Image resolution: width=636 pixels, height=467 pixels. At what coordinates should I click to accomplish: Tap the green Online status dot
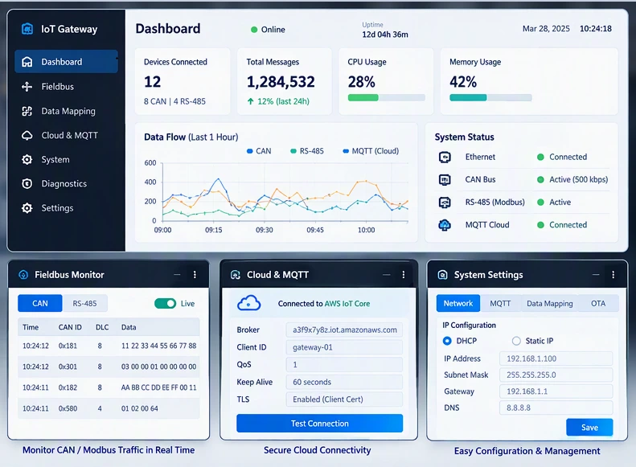(x=254, y=30)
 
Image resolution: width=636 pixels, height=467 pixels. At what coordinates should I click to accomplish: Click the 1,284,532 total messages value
(x=281, y=82)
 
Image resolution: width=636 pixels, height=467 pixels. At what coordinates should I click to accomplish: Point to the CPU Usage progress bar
(x=387, y=98)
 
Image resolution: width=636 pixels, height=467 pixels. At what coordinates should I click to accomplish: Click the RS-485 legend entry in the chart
(x=307, y=151)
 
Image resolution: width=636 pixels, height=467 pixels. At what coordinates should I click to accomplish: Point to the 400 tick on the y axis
(x=150, y=182)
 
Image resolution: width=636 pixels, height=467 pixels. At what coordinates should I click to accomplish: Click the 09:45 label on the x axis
(x=315, y=230)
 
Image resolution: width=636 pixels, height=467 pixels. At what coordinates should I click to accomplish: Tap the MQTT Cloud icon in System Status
(x=445, y=224)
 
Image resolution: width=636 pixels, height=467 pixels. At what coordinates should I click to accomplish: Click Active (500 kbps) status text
(x=578, y=179)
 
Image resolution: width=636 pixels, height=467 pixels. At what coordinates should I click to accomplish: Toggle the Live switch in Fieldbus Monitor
(x=165, y=303)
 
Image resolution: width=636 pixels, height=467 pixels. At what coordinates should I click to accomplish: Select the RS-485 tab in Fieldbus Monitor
(x=84, y=303)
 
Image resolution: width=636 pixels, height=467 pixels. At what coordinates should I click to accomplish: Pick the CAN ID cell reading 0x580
(x=68, y=408)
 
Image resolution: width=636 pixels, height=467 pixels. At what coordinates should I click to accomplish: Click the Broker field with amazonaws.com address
(x=344, y=330)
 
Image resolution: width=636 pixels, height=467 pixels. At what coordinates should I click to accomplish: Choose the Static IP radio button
(x=516, y=341)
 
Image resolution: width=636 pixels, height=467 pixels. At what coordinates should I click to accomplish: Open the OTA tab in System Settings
(x=598, y=303)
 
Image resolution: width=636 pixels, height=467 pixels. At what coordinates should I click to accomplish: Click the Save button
(x=589, y=428)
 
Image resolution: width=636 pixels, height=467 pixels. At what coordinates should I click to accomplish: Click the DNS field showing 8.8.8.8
(x=556, y=408)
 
